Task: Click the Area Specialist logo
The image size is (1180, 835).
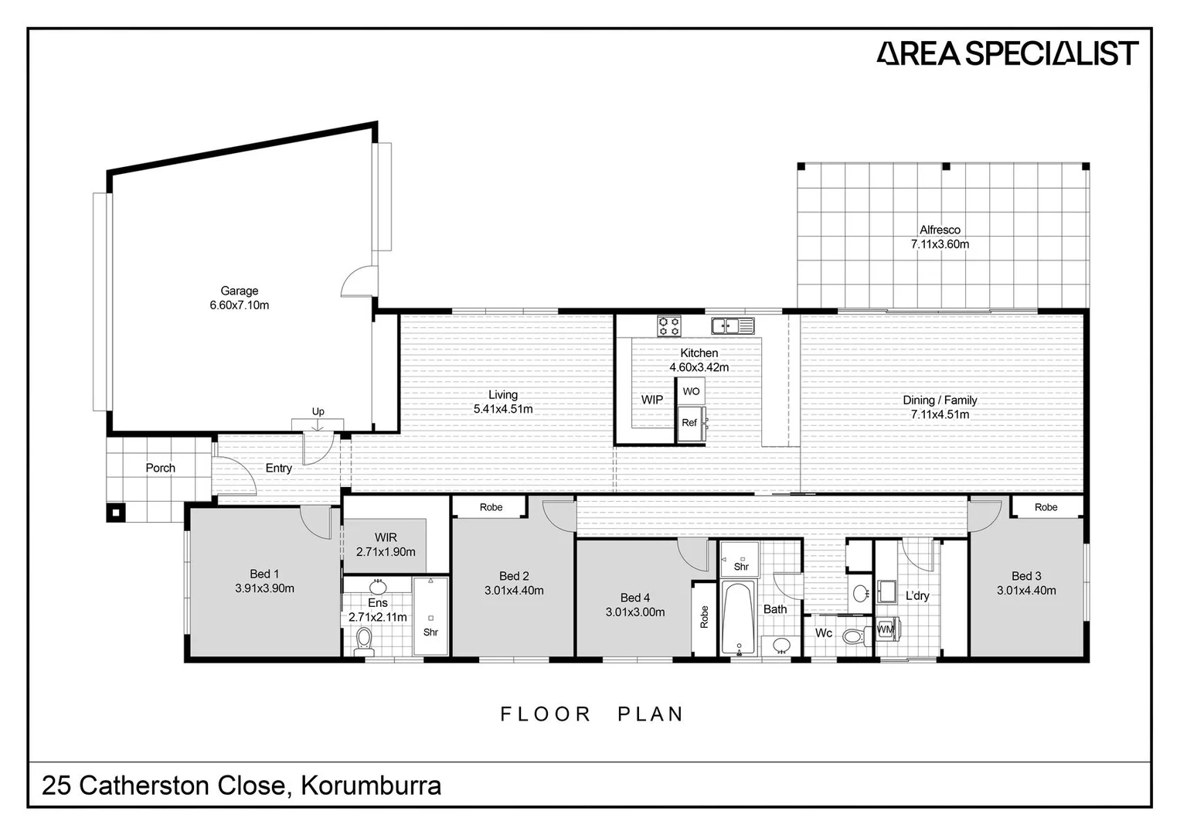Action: click(x=1007, y=53)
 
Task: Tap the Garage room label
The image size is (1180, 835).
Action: click(x=239, y=291)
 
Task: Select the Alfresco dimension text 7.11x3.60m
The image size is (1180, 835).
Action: click(x=940, y=244)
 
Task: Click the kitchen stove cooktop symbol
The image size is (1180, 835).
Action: click(x=668, y=325)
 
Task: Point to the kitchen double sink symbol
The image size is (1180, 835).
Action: click(x=732, y=325)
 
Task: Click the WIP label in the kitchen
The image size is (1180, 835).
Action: click(x=651, y=400)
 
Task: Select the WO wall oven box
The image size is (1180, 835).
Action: click(x=691, y=391)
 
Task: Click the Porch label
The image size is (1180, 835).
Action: click(x=160, y=468)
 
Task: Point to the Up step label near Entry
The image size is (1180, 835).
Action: click(x=318, y=411)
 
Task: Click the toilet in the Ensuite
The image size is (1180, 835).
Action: click(x=363, y=639)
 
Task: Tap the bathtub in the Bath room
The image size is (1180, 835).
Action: click(x=740, y=619)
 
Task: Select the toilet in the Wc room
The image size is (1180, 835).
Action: click(x=852, y=637)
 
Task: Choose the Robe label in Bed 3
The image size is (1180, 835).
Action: click(x=1046, y=507)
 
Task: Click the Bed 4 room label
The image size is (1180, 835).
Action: click(x=635, y=598)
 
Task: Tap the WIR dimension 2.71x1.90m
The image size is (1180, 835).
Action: click(x=386, y=552)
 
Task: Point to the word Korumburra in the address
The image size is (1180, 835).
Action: click(x=371, y=786)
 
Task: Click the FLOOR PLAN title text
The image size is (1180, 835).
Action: click(x=592, y=714)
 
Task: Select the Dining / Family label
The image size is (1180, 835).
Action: click(x=940, y=400)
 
